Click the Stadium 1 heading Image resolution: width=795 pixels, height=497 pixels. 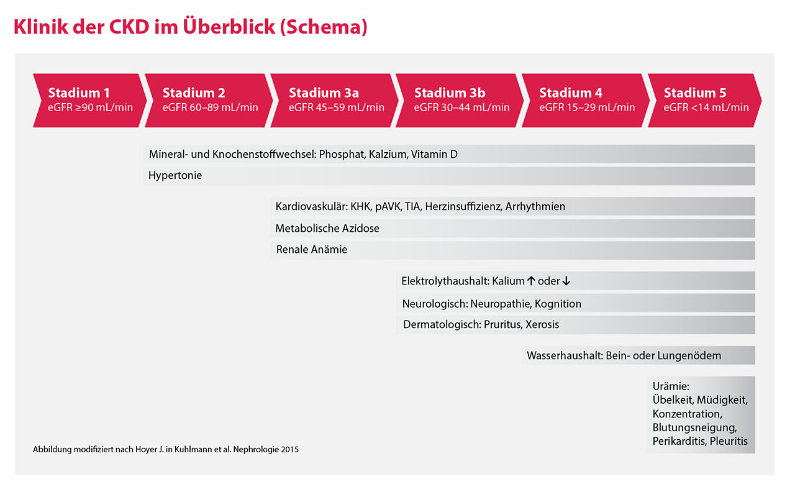79,93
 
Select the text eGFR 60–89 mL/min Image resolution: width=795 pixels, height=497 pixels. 211,107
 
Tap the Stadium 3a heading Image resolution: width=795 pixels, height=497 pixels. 324,93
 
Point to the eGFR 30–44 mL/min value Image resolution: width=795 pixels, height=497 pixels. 461,107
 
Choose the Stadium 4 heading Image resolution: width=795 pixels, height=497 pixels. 570,93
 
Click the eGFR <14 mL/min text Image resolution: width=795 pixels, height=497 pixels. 706,107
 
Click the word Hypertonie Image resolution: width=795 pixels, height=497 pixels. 175,176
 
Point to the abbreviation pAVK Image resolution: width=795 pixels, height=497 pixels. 388,206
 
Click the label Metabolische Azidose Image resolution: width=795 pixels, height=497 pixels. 327,229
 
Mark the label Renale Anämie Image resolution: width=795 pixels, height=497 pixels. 311,250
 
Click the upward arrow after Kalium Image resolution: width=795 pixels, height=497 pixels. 531,281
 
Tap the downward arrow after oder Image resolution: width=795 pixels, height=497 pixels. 566,281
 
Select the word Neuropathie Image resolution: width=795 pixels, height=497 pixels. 497,304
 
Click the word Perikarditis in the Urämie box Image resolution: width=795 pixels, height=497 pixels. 679,441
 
